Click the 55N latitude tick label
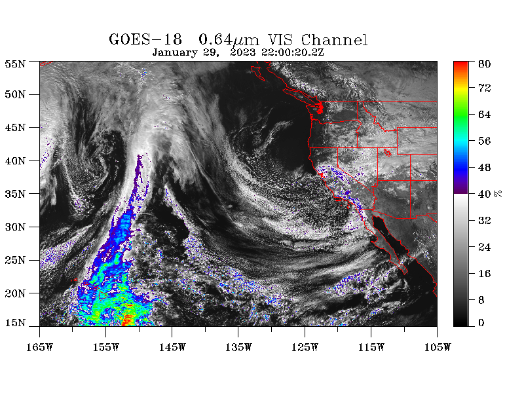click(15, 64)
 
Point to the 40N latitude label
click(15, 160)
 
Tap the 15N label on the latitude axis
click(15, 323)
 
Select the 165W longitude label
click(39, 348)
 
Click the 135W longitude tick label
click(238, 348)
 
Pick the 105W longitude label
click(438, 348)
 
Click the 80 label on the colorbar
click(484, 64)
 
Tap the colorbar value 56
click(484, 141)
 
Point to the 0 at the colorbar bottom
click(481, 323)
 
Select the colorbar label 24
click(484, 247)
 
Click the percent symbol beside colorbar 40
click(498, 193)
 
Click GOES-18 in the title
click(145, 39)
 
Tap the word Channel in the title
click(334, 40)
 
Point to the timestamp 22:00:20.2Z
click(292, 52)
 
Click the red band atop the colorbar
click(460, 65)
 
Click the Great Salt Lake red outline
click(388, 153)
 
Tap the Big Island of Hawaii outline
click(103, 295)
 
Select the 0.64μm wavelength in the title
click(229, 40)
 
